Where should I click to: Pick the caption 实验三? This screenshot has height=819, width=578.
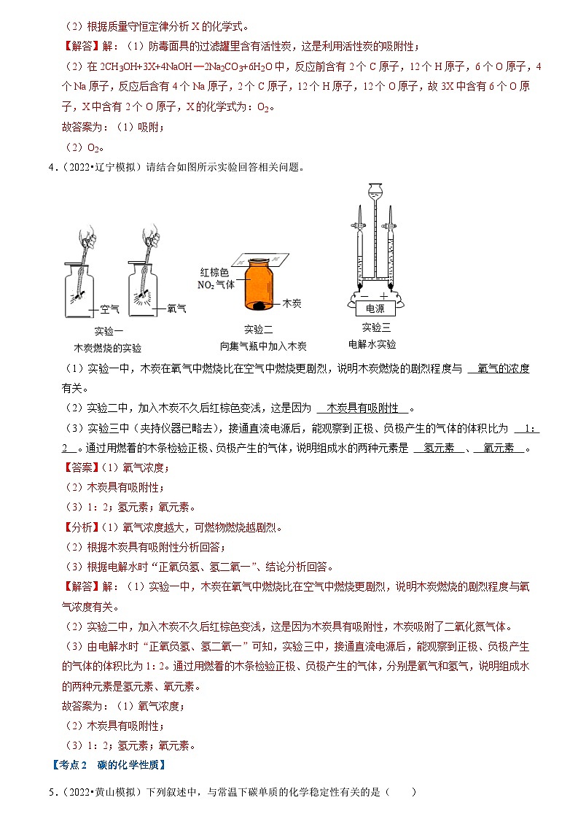click(375, 327)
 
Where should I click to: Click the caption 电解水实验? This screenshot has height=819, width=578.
click(372, 344)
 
